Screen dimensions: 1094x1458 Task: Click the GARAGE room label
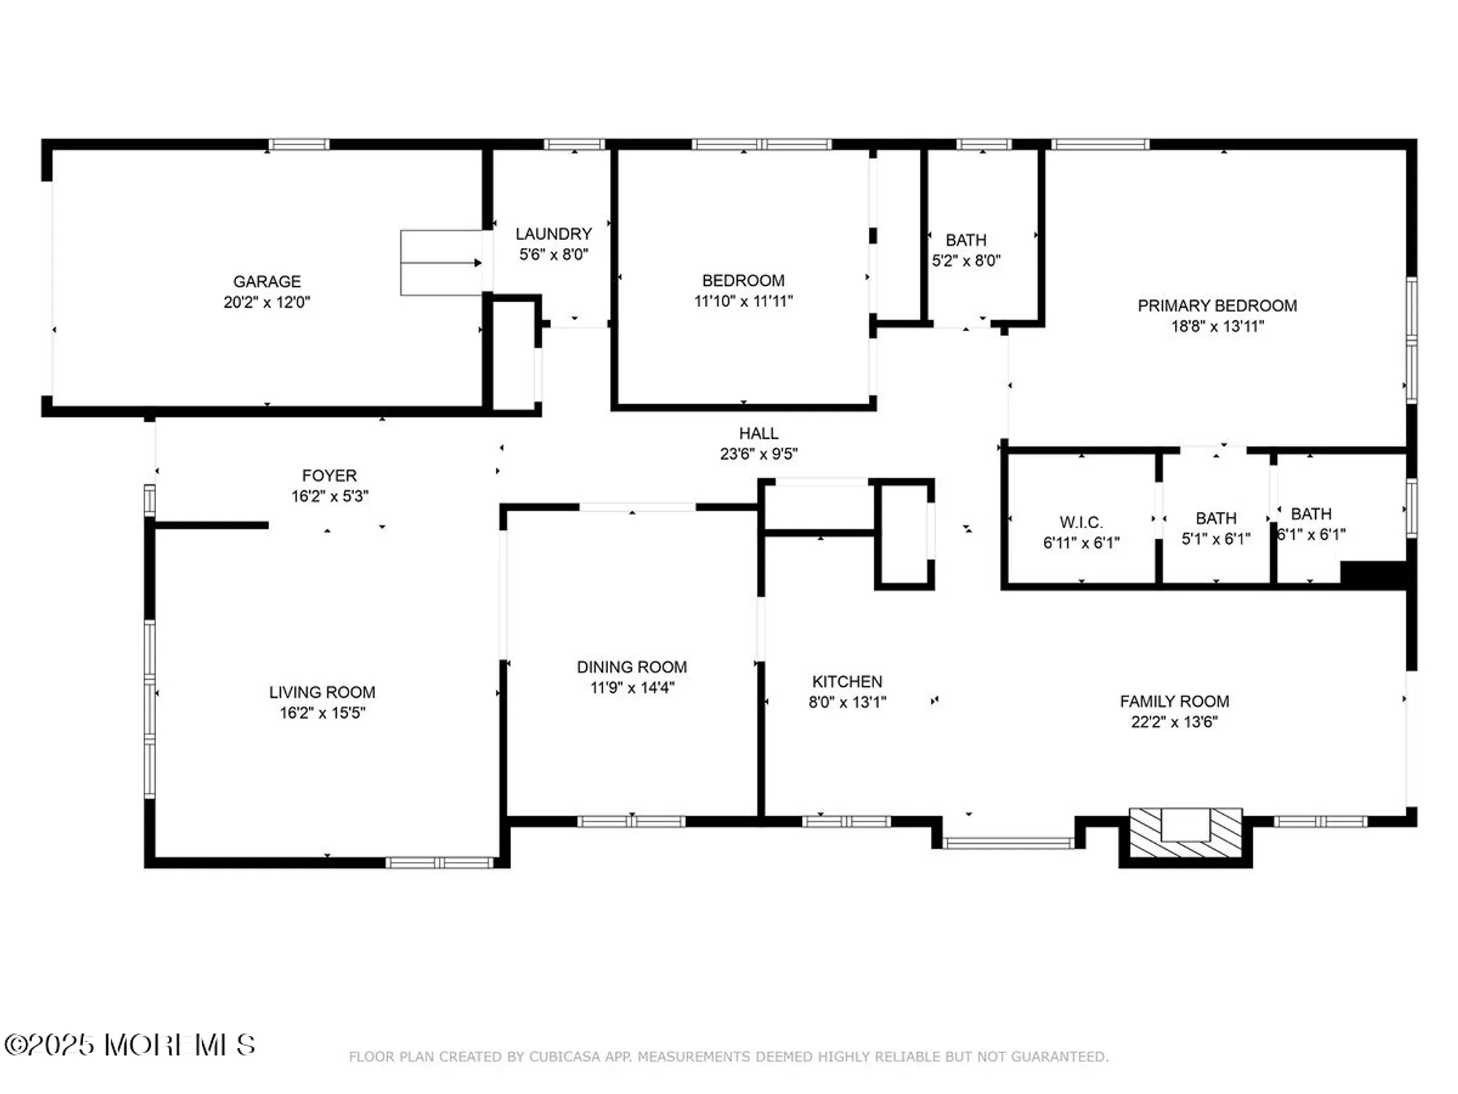point(267,282)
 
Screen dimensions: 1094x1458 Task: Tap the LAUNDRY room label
point(553,234)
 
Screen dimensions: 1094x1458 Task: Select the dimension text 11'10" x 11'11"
point(743,301)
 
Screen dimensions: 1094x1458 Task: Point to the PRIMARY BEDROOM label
point(1217,306)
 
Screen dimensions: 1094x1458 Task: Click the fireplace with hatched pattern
point(1185,833)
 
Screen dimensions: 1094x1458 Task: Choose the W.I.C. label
point(1080,522)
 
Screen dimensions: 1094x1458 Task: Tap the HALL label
point(758,433)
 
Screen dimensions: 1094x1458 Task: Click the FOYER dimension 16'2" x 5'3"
point(330,497)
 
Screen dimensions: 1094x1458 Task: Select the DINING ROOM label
point(631,667)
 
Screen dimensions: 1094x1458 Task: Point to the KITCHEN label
point(847,681)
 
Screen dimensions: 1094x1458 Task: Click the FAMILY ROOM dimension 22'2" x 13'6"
point(1174,722)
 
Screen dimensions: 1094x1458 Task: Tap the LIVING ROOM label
point(321,692)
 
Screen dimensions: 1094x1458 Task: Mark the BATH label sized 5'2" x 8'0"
point(966,240)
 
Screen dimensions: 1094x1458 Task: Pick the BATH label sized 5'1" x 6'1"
point(1215,519)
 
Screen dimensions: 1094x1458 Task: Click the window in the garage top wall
point(298,144)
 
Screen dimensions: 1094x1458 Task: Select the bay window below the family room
point(1008,843)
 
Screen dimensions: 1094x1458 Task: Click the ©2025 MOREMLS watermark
point(130,1044)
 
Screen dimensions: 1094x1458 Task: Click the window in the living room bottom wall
point(439,863)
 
